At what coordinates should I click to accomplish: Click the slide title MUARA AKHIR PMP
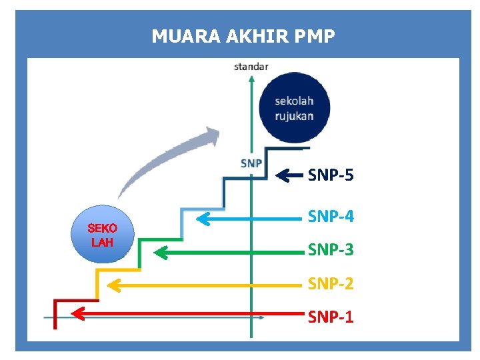[x=243, y=36]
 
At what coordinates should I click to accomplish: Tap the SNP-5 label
[x=330, y=175]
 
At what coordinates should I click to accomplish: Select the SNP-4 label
[x=330, y=217]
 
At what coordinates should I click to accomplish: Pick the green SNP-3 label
[x=330, y=250]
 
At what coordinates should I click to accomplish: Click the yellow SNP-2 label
[x=330, y=284]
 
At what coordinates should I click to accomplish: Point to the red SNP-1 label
[x=330, y=317]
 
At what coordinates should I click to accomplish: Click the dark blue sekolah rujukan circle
[x=294, y=110]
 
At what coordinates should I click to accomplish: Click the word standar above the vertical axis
[x=251, y=66]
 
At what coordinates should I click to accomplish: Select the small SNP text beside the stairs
[x=251, y=163]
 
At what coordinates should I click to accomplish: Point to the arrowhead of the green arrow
[x=161, y=252]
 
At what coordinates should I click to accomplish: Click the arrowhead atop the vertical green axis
[x=251, y=78]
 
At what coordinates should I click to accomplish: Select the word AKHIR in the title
[x=249, y=36]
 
